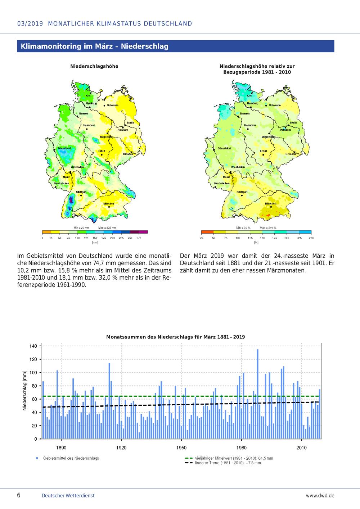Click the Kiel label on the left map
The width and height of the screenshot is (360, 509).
click(x=88, y=96)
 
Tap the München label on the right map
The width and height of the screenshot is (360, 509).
click(x=271, y=204)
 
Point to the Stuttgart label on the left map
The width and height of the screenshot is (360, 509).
click(x=81, y=192)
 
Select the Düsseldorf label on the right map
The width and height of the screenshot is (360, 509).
click(x=224, y=148)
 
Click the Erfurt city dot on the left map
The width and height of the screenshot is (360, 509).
click(x=102, y=155)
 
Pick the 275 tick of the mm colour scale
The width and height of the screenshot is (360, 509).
click(x=139, y=238)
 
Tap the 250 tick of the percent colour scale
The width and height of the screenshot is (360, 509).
click(x=311, y=238)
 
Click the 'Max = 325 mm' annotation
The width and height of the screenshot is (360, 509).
click(x=107, y=228)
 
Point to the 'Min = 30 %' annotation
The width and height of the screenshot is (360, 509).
click(x=243, y=228)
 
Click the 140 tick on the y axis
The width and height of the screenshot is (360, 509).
click(x=33, y=346)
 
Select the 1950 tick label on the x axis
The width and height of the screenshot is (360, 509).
click(x=181, y=448)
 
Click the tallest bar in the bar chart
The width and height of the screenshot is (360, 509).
click(x=257, y=394)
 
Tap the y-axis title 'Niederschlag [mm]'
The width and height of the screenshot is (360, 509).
click(x=24, y=390)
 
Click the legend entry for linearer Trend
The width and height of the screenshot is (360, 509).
click(x=228, y=463)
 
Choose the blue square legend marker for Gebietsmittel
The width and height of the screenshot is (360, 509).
click(x=37, y=458)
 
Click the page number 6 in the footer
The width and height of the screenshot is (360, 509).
click(x=19, y=495)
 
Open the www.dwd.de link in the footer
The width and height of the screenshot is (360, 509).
click(x=320, y=496)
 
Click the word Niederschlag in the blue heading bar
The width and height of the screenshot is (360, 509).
click(x=145, y=46)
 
